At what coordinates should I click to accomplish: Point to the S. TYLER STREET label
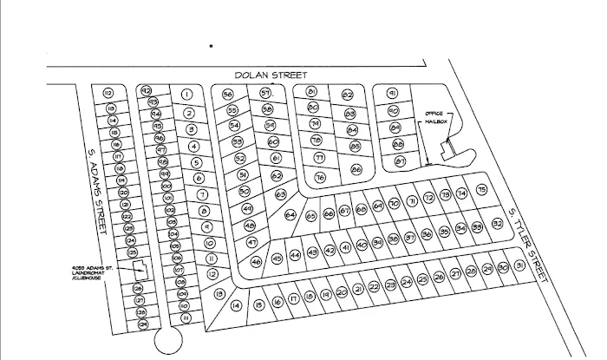point(528,244)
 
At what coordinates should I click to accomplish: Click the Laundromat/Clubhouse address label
point(95,271)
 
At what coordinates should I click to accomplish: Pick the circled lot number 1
point(186,95)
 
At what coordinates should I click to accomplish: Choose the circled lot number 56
point(228,95)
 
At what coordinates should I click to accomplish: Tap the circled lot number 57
point(265,93)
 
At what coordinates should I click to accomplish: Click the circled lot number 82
point(348,95)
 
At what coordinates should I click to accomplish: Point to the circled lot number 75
point(482,190)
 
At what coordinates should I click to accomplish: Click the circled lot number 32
point(498,224)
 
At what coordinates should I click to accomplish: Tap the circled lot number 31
point(519,265)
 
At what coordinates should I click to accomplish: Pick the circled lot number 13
point(219,293)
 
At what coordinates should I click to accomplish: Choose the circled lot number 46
point(257,261)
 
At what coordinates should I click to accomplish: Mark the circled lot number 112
point(109,93)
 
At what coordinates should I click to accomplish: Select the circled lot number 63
point(281,194)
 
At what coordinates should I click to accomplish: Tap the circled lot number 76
point(320,177)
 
